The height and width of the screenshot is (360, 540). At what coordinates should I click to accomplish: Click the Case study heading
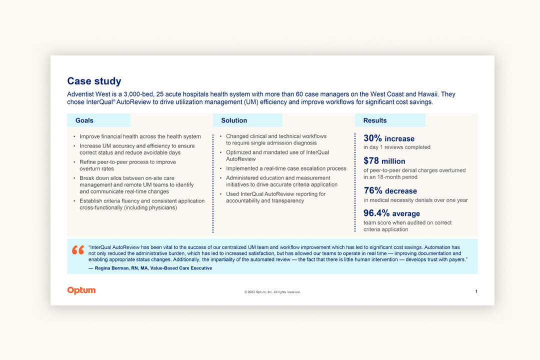pyautogui.click(x=94, y=81)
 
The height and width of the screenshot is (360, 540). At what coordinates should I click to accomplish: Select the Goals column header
pyautogui.click(x=84, y=120)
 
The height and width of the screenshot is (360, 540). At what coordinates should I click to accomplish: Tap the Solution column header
pyautogui.click(x=234, y=120)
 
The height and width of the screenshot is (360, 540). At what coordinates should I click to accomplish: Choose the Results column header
pyautogui.click(x=375, y=120)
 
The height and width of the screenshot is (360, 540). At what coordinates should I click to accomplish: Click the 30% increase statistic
pyautogui.click(x=389, y=138)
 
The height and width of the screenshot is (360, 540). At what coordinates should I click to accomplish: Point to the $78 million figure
pyautogui.click(x=384, y=161)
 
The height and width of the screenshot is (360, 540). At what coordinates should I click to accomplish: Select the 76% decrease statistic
pyautogui.click(x=390, y=191)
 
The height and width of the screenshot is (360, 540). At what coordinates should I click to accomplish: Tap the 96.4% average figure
pyautogui.click(x=391, y=213)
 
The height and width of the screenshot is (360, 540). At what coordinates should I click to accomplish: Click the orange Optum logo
pyautogui.click(x=81, y=290)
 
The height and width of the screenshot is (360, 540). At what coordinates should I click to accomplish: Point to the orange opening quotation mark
pyautogui.click(x=77, y=250)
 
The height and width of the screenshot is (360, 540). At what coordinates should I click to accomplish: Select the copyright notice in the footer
pyautogui.click(x=272, y=292)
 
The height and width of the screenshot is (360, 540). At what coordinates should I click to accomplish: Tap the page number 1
pyautogui.click(x=476, y=291)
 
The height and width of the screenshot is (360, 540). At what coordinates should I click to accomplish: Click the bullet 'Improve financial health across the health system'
pyautogui.click(x=140, y=136)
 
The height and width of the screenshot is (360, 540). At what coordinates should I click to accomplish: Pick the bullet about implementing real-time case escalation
pyautogui.click(x=286, y=168)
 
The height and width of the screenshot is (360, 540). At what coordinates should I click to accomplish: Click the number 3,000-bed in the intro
pyautogui.click(x=138, y=94)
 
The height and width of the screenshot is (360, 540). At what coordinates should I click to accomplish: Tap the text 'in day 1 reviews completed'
pyautogui.click(x=396, y=147)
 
